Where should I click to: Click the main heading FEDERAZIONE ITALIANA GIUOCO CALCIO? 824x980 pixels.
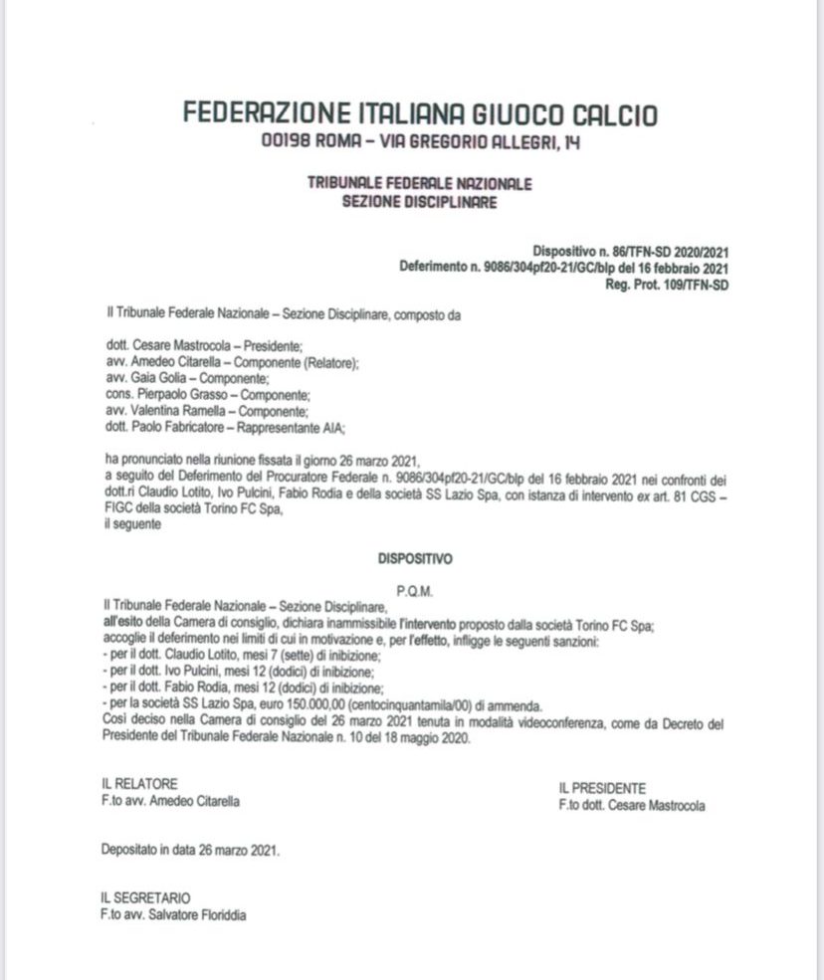420,114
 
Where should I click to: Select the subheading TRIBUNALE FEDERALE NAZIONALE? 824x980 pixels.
419,184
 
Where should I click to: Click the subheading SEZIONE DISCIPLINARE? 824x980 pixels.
419,202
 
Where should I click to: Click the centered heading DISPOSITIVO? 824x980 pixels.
412,560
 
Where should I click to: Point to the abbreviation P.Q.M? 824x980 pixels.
412,590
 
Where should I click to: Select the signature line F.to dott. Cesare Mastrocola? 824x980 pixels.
631,805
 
